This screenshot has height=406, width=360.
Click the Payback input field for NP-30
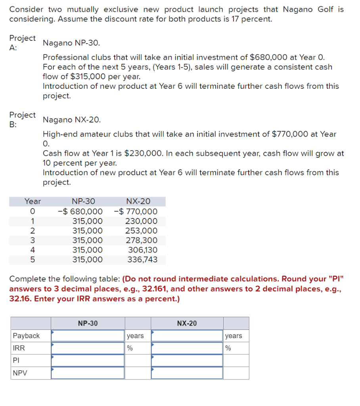(88, 336)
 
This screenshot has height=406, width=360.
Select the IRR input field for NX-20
(187, 348)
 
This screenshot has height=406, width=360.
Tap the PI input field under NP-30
(88, 360)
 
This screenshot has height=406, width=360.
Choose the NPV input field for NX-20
(187, 373)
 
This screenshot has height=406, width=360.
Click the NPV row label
(18, 373)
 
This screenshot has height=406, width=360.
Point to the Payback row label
(26, 336)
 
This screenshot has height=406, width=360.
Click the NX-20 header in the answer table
(187, 324)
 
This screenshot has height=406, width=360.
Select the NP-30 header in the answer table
(88, 324)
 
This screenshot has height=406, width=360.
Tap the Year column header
(33, 201)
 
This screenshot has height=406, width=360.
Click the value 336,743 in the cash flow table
(142, 260)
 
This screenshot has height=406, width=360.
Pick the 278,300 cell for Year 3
(142, 240)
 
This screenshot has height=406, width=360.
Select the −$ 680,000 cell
(80, 211)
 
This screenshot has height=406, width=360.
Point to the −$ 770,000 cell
(136, 211)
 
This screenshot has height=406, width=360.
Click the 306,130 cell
(143, 250)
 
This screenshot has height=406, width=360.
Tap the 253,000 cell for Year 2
(141, 231)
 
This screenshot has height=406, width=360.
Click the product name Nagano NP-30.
(71, 43)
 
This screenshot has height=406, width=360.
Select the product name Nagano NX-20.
(72, 120)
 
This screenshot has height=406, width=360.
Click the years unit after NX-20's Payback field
(234, 336)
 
